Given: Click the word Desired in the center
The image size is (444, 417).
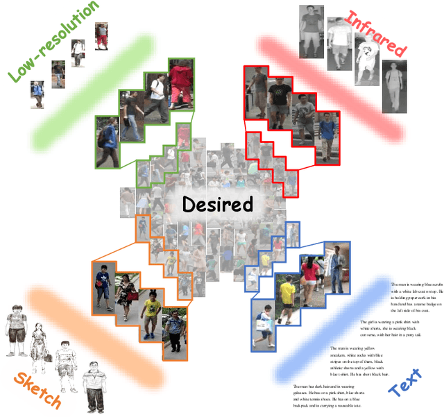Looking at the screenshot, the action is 217,204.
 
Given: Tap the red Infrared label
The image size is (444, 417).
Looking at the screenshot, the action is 374,33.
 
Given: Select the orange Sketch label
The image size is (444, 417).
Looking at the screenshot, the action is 35,391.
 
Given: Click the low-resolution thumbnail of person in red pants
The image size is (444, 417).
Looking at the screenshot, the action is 101,36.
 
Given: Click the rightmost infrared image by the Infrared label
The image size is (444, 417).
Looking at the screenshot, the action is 393,85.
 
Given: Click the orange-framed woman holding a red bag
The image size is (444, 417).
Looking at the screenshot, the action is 127,295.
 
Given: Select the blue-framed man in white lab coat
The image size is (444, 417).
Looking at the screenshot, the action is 337,267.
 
